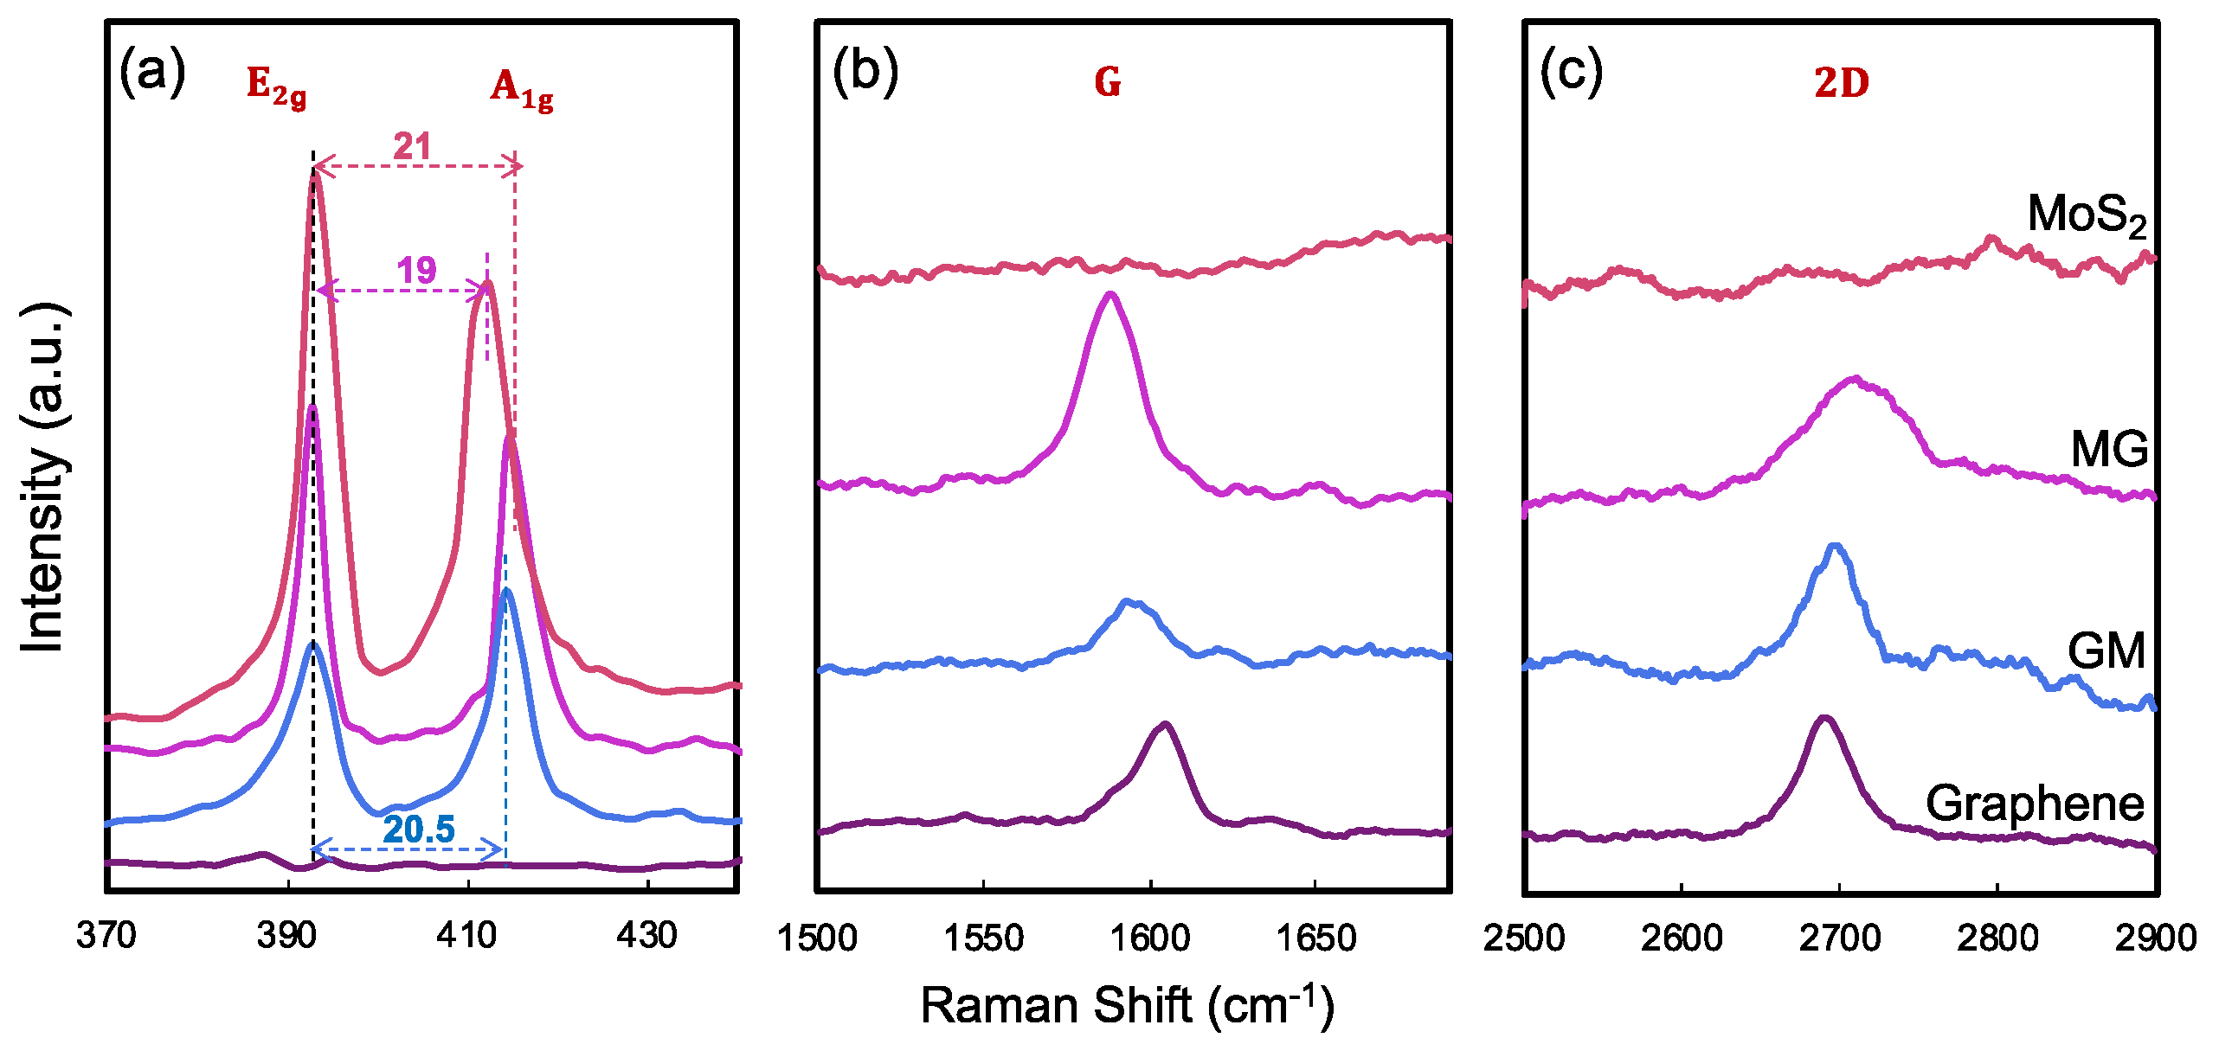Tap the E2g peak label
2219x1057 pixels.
click(276, 86)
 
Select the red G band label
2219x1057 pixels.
click(1108, 83)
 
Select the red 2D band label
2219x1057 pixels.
click(1842, 83)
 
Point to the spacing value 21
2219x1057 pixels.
click(412, 146)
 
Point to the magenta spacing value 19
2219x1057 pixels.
click(416, 271)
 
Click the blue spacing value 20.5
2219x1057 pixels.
click(419, 829)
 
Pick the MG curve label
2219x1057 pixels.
click(2109, 449)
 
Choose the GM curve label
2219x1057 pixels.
click(2106, 650)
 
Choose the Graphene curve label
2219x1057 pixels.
click(2035, 804)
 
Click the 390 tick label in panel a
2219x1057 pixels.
click(286, 935)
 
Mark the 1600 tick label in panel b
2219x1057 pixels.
click(1150, 938)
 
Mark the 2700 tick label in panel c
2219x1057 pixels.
click(1839, 938)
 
